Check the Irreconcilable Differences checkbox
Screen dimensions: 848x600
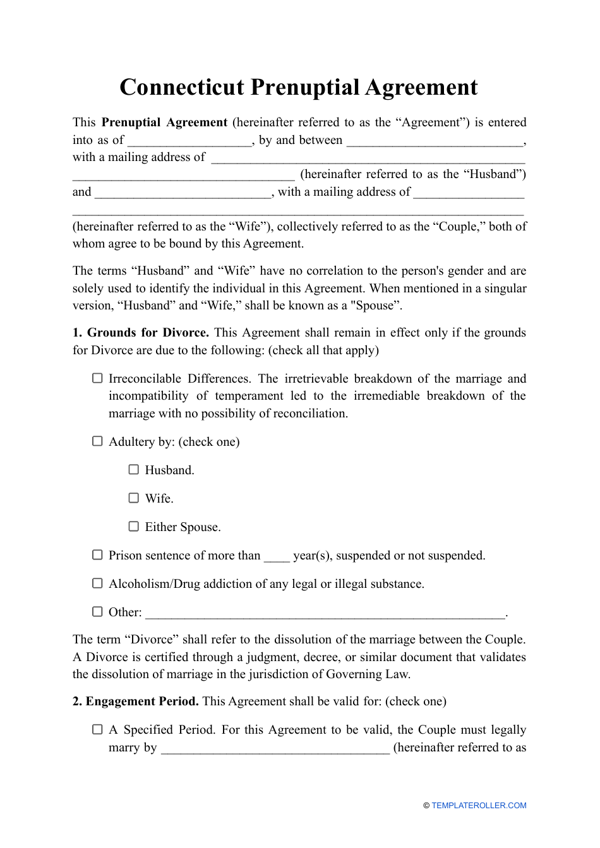(x=97, y=378)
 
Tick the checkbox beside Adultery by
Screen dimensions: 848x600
(x=97, y=441)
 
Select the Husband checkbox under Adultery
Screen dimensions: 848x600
(x=134, y=470)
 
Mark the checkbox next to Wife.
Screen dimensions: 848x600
(x=134, y=498)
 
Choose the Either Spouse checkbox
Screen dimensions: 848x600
(x=134, y=527)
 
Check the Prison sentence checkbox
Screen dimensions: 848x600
(x=97, y=555)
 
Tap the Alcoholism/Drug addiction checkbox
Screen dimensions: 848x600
(x=97, y=583)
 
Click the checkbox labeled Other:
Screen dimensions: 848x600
(x=97, y=612)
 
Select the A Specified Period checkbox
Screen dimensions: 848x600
(x=97, y=729)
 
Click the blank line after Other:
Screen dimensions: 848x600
(x=325, y=613)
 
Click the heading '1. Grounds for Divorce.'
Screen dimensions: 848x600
(x=141, y=333)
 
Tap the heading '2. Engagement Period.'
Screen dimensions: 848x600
(x=136, y=702)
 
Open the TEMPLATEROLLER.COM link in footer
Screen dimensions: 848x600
(x=479, y=806)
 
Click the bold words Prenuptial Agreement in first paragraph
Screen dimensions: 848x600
(x=164, y=122)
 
